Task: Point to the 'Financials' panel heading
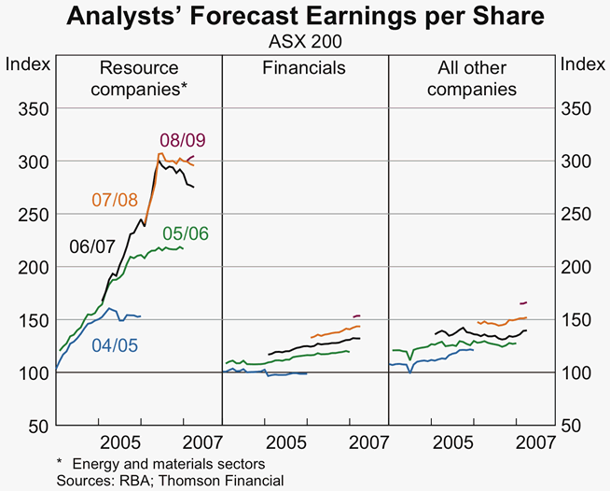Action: click(x=304, y=68)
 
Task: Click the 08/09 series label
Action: click(x=183, y=140)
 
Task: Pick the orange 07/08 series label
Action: click(x=114, y=199)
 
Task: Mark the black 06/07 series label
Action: click(x=92, y=246)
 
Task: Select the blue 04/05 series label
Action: click(x=116, y=344)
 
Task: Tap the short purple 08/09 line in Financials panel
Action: click(x=356, y=316)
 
